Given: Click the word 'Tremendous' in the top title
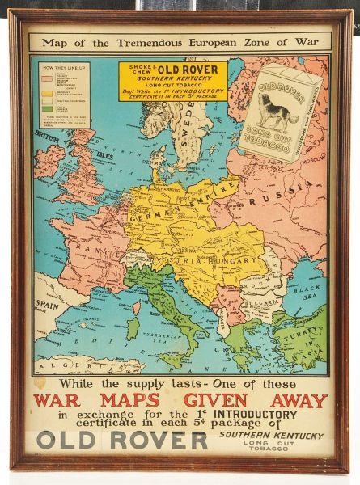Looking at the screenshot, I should tap(154, 40).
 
